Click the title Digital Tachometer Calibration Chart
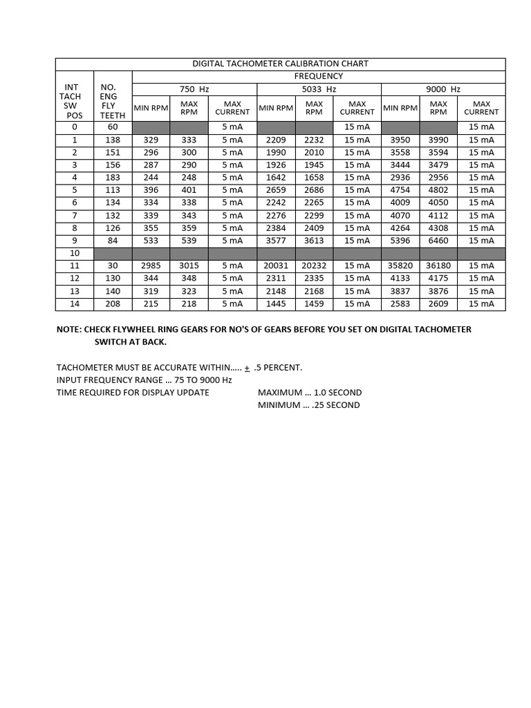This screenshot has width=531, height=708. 280,64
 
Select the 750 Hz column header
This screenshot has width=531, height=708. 194,89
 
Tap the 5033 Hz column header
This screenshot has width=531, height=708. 319,89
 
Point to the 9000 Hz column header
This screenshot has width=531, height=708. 443,89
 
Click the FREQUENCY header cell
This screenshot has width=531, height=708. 319,76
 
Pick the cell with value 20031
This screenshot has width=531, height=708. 276,265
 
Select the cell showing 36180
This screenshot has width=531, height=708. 438,265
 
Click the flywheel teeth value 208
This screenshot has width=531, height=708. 113,304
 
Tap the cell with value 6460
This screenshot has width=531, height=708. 438,241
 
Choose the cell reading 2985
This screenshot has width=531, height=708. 151,265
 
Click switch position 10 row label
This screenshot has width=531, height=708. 75,253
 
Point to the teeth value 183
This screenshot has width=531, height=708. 113,178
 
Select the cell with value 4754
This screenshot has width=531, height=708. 400,190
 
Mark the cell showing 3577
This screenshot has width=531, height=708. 276,241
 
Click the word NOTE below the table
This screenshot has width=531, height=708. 68,329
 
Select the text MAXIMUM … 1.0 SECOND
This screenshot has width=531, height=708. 310,392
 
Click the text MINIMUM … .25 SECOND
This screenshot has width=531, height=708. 308,404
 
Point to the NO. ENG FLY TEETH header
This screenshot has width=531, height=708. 113,102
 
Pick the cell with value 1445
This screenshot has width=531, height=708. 276,304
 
